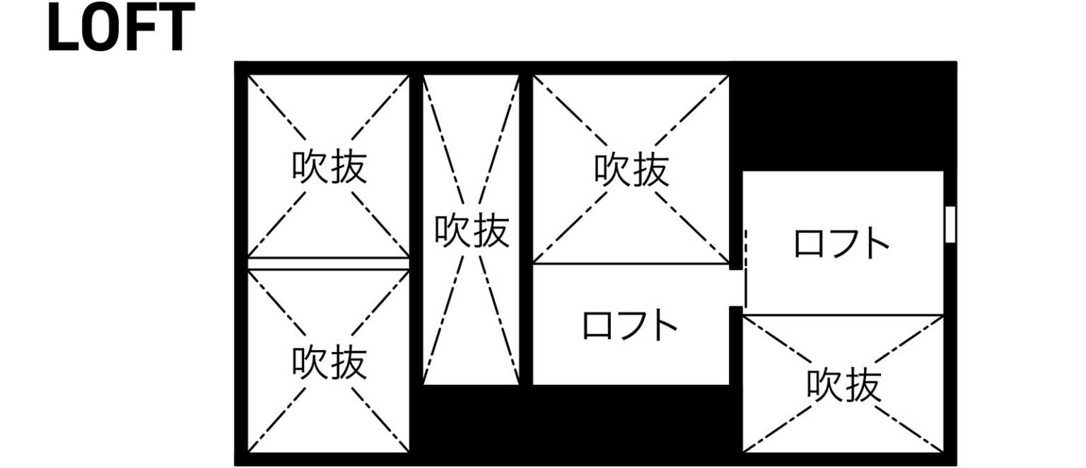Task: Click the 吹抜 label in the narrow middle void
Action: [472, 230]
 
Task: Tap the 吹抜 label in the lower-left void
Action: [329, 362]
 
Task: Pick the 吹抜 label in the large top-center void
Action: [631, 169]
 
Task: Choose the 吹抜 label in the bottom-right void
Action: [844, 385]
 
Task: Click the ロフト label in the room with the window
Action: [842, 242]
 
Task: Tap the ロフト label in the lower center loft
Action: [630, 325]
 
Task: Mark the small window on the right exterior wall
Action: [950, 224]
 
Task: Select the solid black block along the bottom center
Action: [576, 419]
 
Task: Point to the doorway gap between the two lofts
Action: [736, 288]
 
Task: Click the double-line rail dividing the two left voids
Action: [329, 264]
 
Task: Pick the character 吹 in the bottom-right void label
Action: [824, 385]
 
